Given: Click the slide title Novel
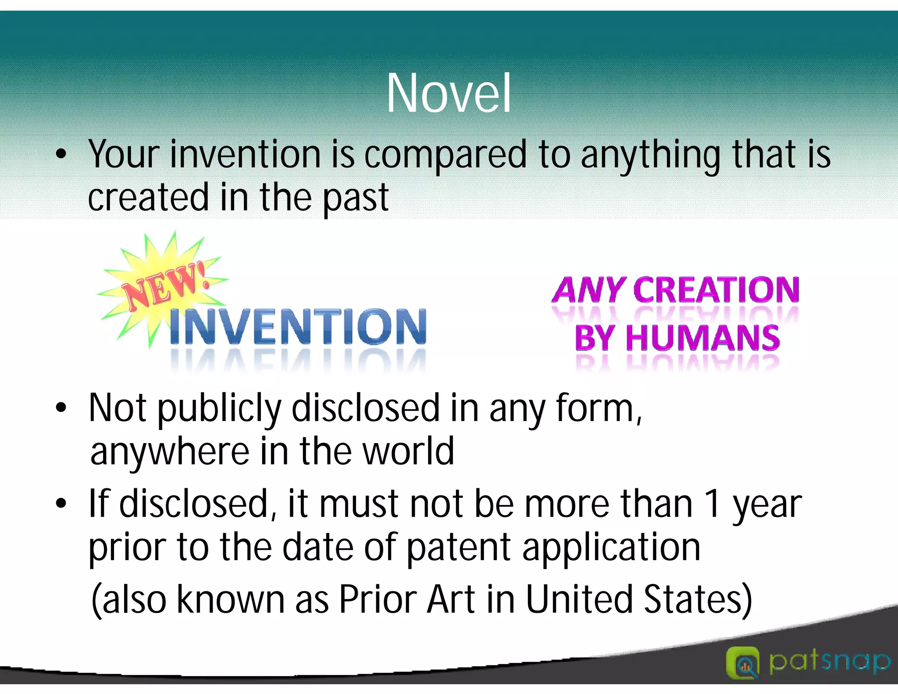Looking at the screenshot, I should click(x=449, y=93).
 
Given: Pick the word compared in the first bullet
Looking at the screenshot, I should click(x=445, y=155).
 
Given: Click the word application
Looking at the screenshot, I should click(x=611, y=548).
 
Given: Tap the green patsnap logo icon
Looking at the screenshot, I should click(x=742, y=662).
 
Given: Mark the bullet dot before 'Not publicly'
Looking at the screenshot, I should click(x=61, y=408).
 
